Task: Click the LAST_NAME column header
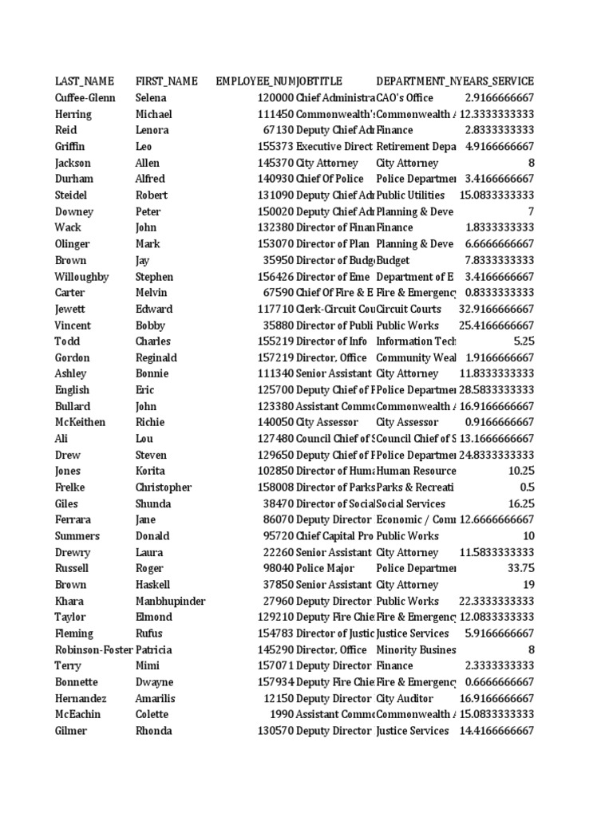(84, 81)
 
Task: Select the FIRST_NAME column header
(166, 81)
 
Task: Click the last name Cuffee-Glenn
(85, 97)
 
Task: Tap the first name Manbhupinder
(170, 601)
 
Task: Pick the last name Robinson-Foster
(91, 649)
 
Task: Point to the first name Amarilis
(156, 698)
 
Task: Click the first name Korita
(151, 471)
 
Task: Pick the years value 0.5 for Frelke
(526, 487)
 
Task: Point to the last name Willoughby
(81, 277)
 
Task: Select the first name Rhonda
(154, 731)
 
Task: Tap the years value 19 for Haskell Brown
(527, 585)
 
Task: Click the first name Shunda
(153, 503)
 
